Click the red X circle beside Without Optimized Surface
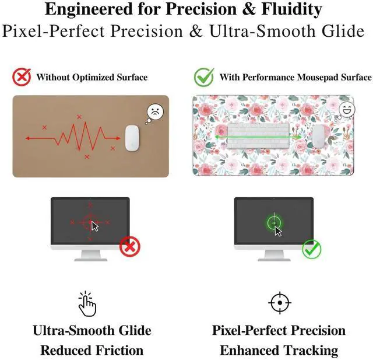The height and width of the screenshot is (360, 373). pos(22,76)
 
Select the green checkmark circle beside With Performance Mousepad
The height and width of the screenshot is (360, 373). pos(204,76)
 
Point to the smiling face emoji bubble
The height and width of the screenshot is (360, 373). pos(346,109)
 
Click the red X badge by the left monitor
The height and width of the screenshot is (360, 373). pos(129,247)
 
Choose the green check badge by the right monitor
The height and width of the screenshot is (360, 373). pos(311,249)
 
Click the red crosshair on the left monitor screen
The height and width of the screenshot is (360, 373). pos(89,222)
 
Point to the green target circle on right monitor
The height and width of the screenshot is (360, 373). pos(274,222)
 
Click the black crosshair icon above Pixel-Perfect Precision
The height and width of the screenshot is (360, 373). pos(279,303)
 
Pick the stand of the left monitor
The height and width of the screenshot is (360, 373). pos(90,256)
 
